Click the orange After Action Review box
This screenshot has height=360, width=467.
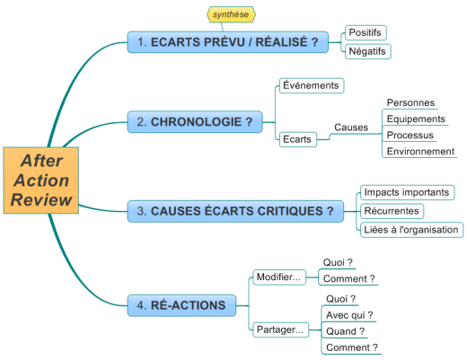[41, 180]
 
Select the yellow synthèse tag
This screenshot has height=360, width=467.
[231, 14]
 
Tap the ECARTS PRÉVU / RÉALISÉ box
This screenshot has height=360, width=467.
[228, 42]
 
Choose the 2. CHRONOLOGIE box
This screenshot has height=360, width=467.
[195, 122]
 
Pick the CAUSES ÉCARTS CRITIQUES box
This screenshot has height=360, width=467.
[235, 211]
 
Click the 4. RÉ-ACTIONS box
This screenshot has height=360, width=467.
[181, 305]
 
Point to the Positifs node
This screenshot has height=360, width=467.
[366, 32]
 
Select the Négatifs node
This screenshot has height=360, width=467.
[367, 51]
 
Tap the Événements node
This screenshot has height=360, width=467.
[312, 85]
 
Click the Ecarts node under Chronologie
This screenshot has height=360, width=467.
[298, 139]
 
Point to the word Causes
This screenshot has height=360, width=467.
[351, 127]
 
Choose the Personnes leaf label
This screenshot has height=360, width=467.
[410, 102]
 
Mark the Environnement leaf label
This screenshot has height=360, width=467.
[420, 152]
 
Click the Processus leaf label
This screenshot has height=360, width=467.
[410, 136]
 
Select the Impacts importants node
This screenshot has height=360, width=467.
[408, 192]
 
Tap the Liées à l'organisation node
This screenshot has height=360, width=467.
[411, 230]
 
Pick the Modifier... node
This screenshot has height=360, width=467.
[279, 277]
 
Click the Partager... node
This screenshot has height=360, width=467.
[281, 329]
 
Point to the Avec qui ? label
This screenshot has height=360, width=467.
[349, 315]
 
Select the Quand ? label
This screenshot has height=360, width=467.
[345, 331]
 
